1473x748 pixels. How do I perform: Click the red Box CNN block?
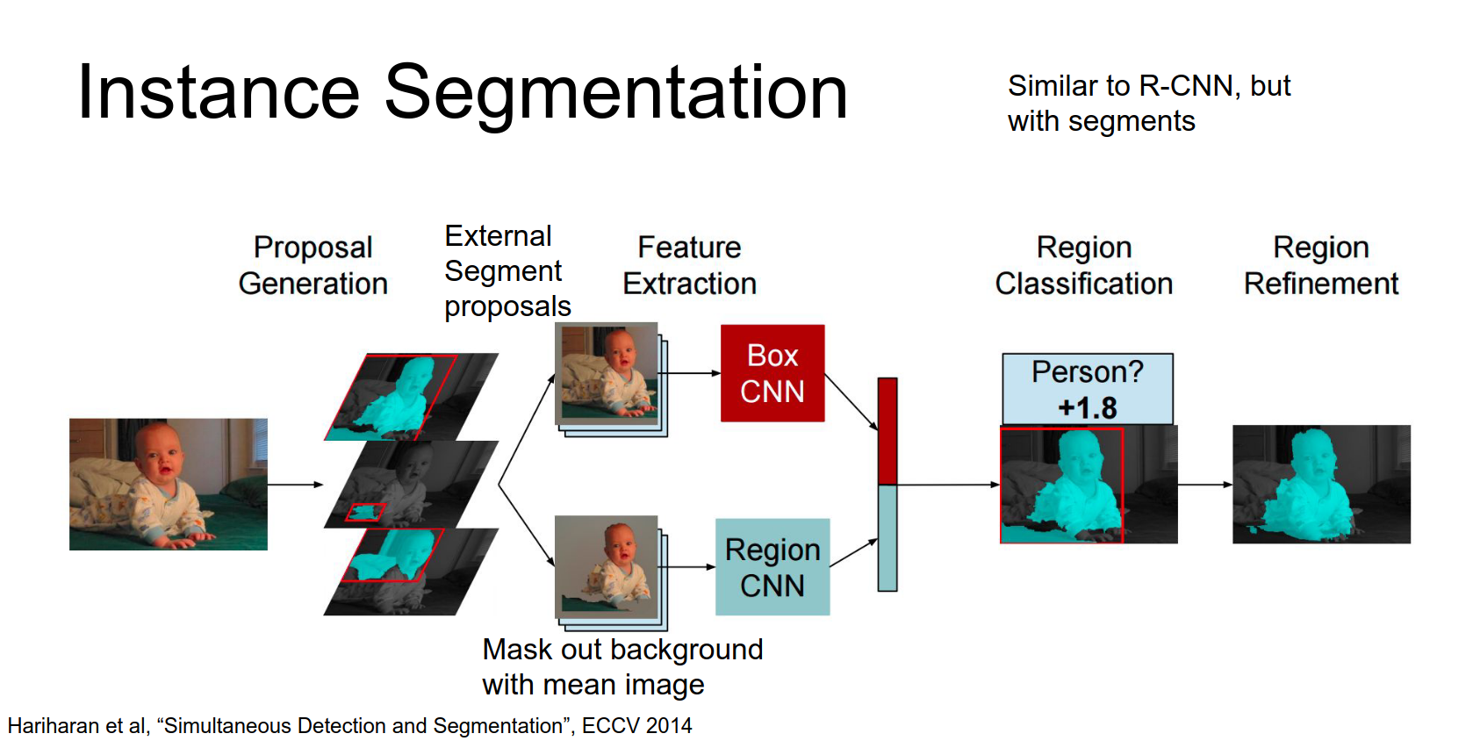(x=772, y=373)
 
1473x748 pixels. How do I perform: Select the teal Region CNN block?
(x=772, y=567)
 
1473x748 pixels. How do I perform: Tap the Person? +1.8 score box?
(x=1087, y=389)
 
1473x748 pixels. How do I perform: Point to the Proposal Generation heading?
(x=313, y=265)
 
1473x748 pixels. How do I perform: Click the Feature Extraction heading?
(x=689, y=265)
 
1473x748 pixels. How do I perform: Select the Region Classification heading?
(x=1083, y=265)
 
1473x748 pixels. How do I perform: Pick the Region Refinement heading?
(x=1320, y=265)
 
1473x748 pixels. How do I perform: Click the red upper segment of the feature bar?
(x=887, y=430)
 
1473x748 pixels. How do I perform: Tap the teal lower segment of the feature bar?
(x=887, y=537)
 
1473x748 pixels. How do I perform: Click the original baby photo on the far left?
(x=169, y=484)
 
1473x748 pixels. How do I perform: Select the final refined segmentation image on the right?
(x=1321, y=484)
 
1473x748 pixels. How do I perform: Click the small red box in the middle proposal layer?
(x=365, y=513)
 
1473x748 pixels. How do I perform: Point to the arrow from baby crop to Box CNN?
(x=692, y=373)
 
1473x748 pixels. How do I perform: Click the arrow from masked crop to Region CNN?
(x=690, y=567)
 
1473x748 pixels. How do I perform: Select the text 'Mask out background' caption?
(x=622, y=650)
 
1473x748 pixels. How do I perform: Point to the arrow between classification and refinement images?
(x=1204, y=485)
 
